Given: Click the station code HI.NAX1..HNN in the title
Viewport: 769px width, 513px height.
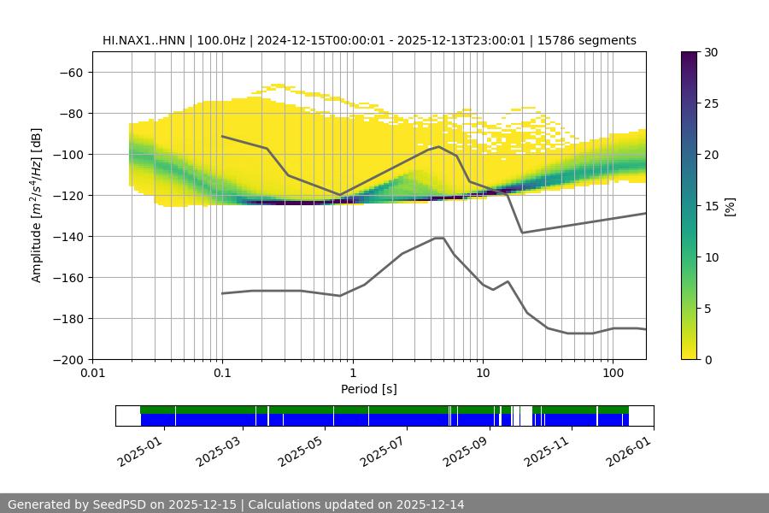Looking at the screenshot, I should [141, 40].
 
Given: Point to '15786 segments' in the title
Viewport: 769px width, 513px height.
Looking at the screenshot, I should [587, 40].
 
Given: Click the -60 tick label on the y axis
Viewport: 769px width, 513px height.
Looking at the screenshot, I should [71, 72].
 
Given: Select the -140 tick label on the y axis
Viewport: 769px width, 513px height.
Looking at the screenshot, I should [68, 236].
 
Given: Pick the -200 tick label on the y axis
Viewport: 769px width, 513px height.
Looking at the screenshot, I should [68, 359].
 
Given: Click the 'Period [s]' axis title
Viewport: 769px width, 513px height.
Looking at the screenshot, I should [368, 389].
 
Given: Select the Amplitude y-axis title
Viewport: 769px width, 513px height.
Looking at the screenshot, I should [37, 205].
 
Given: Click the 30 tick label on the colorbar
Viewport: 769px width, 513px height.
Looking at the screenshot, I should [711, 52].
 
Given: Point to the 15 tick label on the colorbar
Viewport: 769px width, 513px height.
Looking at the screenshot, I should [711, 206].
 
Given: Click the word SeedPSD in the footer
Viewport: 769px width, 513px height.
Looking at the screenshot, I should [121, 504].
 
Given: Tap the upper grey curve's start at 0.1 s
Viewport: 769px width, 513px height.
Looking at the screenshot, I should [222, 136].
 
